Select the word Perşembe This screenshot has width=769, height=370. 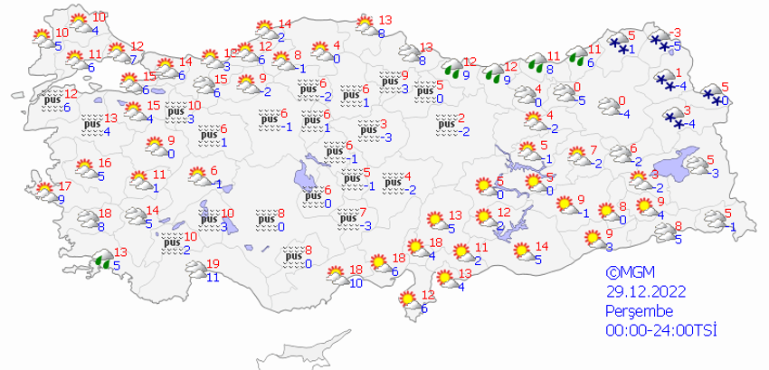[x=638, y=310]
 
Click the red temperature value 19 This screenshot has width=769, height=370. [x=214, y=264]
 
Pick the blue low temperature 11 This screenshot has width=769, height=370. [x=214, y=277]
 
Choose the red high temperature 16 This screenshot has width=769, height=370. [x=105, y=164]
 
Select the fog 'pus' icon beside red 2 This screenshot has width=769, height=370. [x=441, y=125]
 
